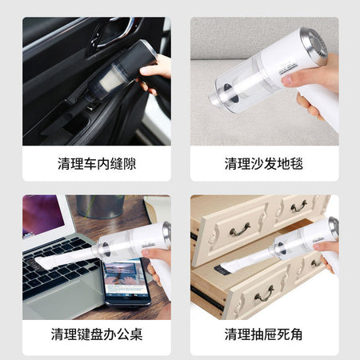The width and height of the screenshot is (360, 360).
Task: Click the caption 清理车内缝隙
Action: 97,163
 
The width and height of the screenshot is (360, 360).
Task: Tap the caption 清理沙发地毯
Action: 264,163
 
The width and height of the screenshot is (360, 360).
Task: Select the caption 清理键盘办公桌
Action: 97,334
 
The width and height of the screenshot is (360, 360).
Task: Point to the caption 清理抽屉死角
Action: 264,334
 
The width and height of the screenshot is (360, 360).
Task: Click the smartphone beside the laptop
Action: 126,282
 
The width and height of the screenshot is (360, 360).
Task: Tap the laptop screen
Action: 42,215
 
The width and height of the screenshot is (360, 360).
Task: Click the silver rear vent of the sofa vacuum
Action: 314,46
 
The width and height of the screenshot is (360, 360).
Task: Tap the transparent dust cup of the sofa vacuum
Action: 240,82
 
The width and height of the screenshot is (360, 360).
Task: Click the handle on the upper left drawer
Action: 240,230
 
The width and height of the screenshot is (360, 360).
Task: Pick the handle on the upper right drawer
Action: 298,206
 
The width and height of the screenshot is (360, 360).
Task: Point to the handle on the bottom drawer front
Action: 264,294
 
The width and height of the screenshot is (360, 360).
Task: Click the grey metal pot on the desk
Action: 100,206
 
